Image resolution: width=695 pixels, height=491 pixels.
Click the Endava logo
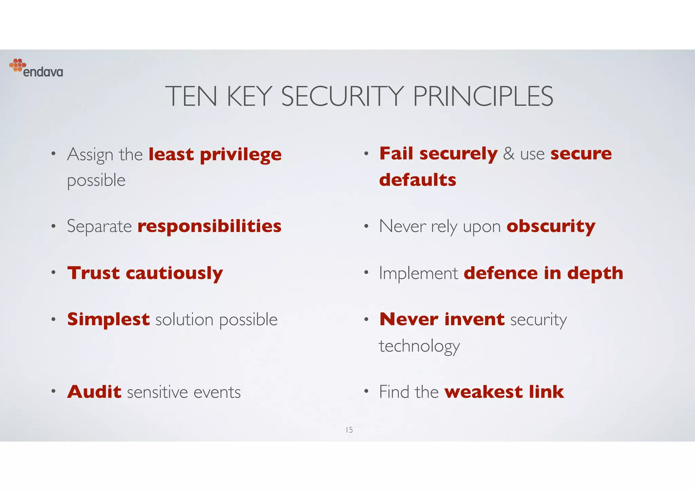(x=36, y=68)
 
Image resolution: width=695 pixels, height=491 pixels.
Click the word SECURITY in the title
(x=342, y=96)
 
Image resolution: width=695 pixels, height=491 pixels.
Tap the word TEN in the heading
(x=191, y=96)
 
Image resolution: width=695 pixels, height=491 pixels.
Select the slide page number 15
(x=349, y=430)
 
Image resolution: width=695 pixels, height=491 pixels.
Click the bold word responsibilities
(x=209, y=226)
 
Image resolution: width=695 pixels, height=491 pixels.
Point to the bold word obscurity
(x=551, y=226)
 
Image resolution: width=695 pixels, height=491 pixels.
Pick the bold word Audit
(x=94, y=392)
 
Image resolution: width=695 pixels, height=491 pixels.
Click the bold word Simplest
(x=108, y=319)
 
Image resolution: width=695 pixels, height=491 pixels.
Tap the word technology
(x=419, y=346)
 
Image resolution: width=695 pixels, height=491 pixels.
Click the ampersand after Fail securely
(x=509, y=154)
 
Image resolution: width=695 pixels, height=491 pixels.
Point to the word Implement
(x=418, y=273)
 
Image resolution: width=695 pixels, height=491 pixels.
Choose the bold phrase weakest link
(x=504, y=392)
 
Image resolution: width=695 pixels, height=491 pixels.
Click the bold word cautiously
(x=174, y=273)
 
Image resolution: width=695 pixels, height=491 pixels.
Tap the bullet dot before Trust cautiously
(x=53, y=272)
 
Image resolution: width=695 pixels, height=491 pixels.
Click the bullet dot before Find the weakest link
(x=366, y=391)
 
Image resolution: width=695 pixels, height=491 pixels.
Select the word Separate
(x=99, y=226)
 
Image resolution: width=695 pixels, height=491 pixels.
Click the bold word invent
(x=474, y=319)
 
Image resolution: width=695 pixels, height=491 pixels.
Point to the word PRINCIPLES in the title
(x=483, y=96)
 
